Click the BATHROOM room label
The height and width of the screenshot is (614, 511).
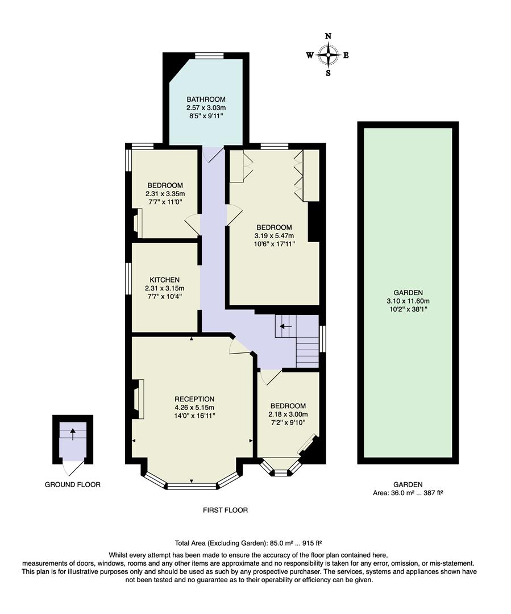point(206,99)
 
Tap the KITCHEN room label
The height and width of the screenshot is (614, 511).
point(165,280)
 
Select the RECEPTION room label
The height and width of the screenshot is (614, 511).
point(194,399)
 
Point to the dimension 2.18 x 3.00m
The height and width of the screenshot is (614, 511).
point(287,414)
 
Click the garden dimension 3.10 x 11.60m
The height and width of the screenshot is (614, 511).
point(408,301)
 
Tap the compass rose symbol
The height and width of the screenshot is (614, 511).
point(328,55)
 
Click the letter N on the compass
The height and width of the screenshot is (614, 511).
point(328,36)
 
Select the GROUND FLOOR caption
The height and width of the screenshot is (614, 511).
point(73,485)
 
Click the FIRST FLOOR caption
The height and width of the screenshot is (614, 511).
point(226,510)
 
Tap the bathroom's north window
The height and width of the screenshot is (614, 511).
point(209,56)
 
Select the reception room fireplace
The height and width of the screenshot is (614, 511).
point(138,399)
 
